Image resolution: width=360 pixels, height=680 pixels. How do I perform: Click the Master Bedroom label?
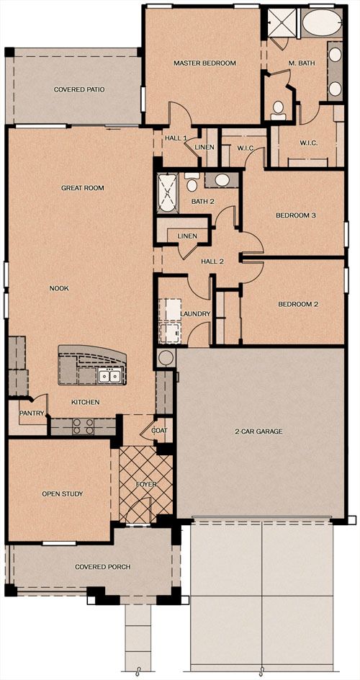tap(204, 63)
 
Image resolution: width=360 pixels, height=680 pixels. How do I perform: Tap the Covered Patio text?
tap(79, 90)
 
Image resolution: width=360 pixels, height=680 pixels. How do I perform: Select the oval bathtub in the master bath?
tap(322, 22)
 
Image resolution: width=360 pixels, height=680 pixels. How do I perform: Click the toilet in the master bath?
tap(278, 111)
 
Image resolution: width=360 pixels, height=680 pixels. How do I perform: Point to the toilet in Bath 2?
tap(192, 182)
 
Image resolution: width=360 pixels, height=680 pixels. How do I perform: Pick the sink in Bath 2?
tap(222, 180)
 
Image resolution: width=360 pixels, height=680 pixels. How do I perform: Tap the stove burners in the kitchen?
tap(83, 426)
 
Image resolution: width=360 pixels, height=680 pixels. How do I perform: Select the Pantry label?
tap(32, 413)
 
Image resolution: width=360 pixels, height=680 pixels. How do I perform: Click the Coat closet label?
tap(159, 430)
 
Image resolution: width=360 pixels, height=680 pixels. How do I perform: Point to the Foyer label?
tap(146, 484)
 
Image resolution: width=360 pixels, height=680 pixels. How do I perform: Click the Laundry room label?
tap(195, 314)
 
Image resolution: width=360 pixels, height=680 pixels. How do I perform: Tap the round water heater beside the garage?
tap(165, 358)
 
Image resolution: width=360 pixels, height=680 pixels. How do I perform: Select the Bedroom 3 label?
tap(294, 215)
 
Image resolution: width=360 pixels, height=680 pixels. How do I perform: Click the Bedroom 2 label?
tap(298, 305)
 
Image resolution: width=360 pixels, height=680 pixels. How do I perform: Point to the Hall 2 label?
tap(212, 261)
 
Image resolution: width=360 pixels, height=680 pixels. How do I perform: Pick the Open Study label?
tap(63, 493)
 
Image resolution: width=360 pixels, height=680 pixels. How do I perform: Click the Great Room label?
tap(82, 188)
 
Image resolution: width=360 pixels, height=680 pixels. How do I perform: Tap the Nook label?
tap(59, 288)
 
